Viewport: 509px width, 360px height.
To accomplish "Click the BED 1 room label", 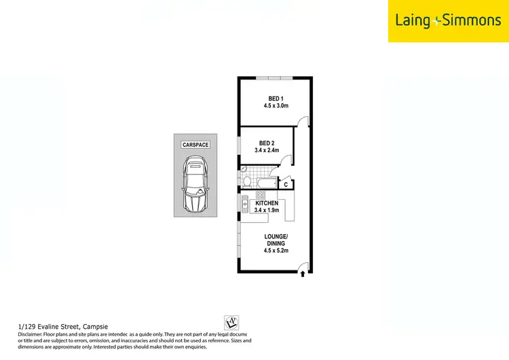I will tap(276, 98).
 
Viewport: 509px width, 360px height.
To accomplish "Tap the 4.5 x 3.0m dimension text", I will tap(276, 106).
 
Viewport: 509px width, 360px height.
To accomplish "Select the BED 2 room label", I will tap(267, 143).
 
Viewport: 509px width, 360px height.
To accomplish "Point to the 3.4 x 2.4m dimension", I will tap(267, 150).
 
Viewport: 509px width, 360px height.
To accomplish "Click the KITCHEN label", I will tap(267, 203).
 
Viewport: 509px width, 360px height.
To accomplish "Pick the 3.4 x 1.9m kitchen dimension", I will tap(267, 211).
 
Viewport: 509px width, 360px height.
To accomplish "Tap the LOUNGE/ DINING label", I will tap(276, 239).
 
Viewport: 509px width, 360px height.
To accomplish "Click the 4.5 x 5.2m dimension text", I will tap(276, 251).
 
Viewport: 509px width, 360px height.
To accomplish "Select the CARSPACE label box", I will tap(195, 145).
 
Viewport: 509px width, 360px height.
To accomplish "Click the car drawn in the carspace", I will tap(195, 183).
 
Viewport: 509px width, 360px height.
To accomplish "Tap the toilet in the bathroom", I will tap(247, 181).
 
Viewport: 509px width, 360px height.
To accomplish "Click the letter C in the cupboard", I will tap(286, 184).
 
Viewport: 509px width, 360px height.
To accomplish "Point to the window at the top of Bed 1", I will tap(275, 78).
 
